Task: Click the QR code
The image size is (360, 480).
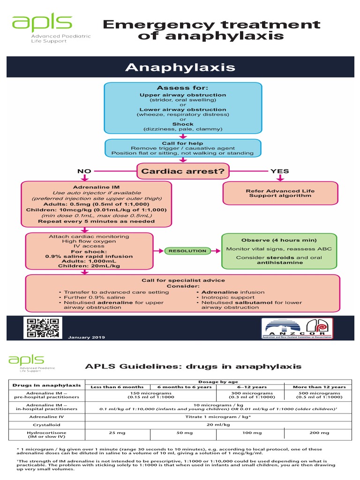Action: pos(41,328)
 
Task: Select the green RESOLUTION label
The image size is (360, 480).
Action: pos(187,251)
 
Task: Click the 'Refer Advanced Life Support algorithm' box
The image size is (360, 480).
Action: pos(280,193)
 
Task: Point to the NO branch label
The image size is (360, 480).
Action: pos(84,171)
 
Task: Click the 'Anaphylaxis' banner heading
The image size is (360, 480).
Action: pos(180,67)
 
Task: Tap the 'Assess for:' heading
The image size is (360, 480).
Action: pos(182,88)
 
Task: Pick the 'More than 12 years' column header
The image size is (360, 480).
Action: pos(319,387)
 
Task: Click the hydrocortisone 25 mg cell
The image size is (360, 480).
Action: pos(117,433)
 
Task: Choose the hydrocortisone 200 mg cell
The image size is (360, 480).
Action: pos(319,433)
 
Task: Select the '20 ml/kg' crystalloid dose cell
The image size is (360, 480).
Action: pos(218,424)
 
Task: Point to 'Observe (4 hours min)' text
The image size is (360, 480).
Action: pos(279,240)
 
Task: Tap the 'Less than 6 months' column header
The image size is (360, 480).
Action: pos(117,387)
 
